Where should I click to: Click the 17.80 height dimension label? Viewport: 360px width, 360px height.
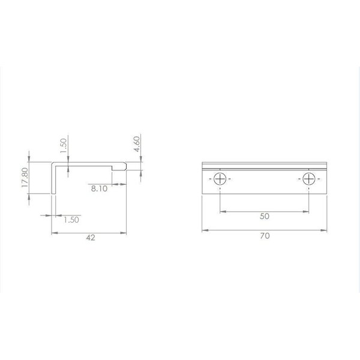click(x=25, y=177)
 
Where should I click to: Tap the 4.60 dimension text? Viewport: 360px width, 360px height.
click(x=137, y=144)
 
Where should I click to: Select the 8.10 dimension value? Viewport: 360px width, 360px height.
click(x=99, y=189)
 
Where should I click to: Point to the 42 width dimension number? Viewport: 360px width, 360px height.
click(x=91, y=238)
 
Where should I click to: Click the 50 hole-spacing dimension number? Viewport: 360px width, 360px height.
click(x=265, y=216)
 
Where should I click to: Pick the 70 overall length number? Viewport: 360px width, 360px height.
click(x=265, y=236)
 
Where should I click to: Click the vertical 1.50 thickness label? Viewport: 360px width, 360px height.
click(x=64, y=146)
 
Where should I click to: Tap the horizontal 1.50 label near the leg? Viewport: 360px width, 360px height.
click(x=71, y=220)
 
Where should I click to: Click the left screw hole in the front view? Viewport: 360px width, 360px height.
click(x=220, y=179)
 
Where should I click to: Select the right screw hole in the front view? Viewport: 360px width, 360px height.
click(x=309, y=179)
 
